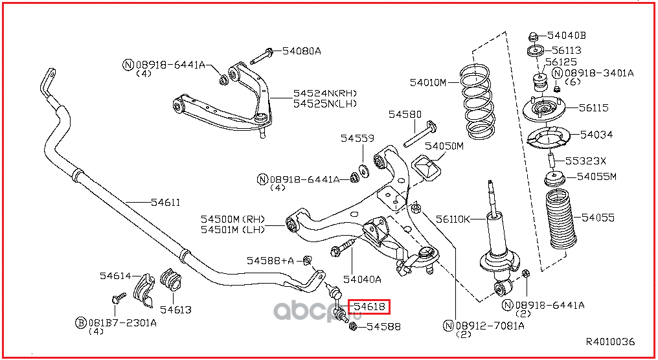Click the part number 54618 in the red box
tap(369, 307)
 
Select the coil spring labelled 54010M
tap(477, 102)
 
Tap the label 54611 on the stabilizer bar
tap(165, 202)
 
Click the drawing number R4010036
tap(610, 342)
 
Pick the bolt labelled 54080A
tap(262, 56)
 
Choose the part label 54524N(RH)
tap(325, 93)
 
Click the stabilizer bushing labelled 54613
tap(171, 280)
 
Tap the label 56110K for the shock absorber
tap(453, 219)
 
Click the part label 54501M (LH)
tap(233, 229)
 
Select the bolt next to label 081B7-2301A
tap(118, 298)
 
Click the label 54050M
tap(444, 146)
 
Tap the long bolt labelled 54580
tap(420, 135)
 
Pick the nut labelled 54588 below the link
tap(353, 326)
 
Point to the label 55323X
tap(585, 161)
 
